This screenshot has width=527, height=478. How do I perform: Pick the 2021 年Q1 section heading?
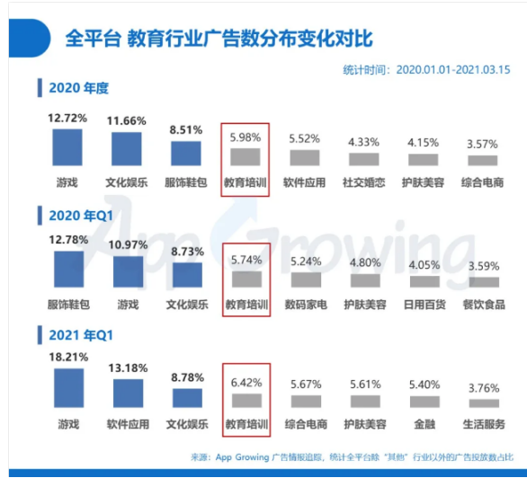point(80,335)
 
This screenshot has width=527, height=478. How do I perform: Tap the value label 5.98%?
point(246,137)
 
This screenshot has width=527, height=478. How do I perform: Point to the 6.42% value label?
point(246,382)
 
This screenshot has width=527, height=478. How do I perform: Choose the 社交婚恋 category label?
point(365,181)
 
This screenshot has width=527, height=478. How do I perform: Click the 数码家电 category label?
point(305,305)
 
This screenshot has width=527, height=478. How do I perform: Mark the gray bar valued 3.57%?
point(482,160)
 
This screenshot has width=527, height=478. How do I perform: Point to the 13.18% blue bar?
point(129,394)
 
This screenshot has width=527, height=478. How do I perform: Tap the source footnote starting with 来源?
point(352,456)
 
